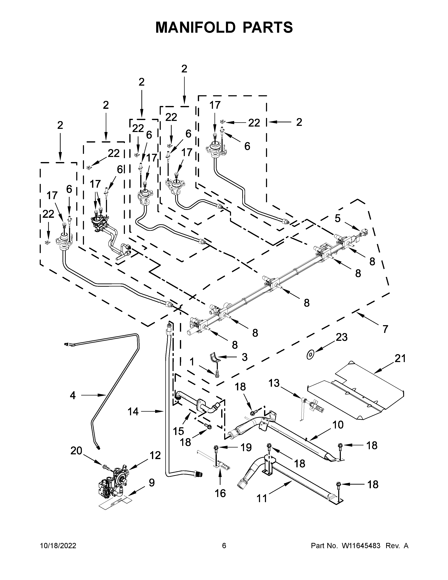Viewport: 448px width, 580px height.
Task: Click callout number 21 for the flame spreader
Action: pyautogui.click(x=400, y=359)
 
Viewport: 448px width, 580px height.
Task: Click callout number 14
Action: pyautogui.click(x=133, y=412)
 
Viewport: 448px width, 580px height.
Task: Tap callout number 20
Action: pyautogui.click(x=76, y=451)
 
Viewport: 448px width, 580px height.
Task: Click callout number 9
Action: pyautogui.click(x=152, y=482)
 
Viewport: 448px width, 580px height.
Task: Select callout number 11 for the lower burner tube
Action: pyautogui.click(x=262, y=498)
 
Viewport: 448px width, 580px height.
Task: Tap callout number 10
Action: pyautogui.click(x=338, y=425)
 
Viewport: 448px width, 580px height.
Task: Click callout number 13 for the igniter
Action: pyautogui.click(x=274, y=383)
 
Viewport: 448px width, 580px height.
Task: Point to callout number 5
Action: pyautogui.click(x=337, y=218)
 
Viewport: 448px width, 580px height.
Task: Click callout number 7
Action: pyautogui.click(x=385, y=329)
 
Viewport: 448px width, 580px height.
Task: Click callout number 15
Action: pyautogui.click(x=178, y=431)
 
